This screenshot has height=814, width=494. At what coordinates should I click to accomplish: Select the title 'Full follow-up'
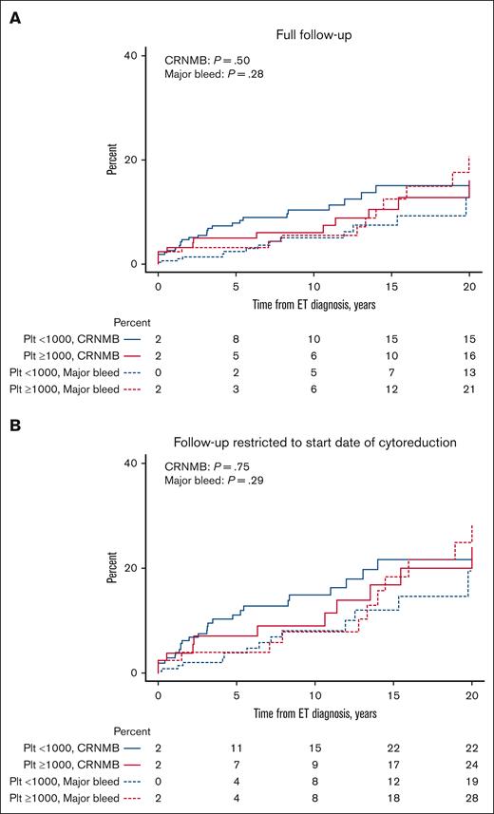pos(313,36)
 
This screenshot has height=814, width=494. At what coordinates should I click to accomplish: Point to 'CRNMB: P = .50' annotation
pos(210,59)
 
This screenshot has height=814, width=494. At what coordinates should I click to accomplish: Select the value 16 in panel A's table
pos(469,353)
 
